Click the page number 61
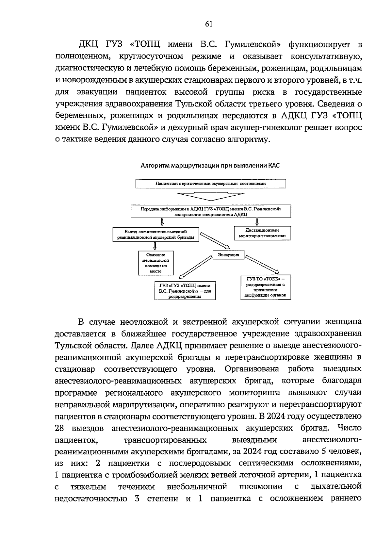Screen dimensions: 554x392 [x=209, y=24]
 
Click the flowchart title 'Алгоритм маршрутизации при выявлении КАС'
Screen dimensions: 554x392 [x=210, y=166]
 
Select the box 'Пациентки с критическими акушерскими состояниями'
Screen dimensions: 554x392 [x=211, y=184]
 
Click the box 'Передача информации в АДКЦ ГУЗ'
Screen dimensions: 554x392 [x=211, y=211]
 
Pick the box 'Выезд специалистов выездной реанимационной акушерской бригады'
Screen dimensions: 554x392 [x=155, y=234]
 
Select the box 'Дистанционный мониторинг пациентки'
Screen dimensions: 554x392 [x=262, y=233]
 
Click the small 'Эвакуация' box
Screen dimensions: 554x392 [x=228, y=254]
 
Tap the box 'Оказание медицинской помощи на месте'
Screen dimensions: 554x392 [x=156, y=263]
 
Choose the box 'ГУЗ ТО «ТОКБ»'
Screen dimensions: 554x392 [x=265, y=287]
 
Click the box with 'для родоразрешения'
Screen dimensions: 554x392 [x=185, y=291]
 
